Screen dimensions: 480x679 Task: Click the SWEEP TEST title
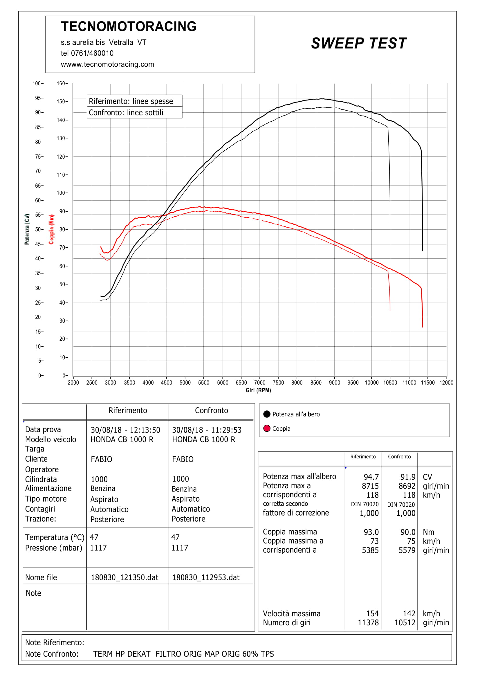tap(358, 43)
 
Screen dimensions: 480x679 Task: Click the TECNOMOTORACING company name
tap(129, 26)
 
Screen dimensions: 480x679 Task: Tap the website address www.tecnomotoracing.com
tap(107, 64)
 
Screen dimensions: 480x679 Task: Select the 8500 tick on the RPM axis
tap(316, 382)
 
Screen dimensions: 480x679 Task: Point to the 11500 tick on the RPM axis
tap(428, 382)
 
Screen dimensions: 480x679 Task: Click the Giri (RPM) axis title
tap(258, 390)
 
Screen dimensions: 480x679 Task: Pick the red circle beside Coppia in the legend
tap(267, 428)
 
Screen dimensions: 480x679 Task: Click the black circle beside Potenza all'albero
tap(267, 414)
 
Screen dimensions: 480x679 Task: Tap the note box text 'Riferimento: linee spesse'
tap(131, 101)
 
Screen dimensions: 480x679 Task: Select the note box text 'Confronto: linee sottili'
tap(126, 113)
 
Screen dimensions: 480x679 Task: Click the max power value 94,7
tap(371, 477)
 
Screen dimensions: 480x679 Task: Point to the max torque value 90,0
tap(408, 532)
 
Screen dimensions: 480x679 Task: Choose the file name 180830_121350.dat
tap(124, 578)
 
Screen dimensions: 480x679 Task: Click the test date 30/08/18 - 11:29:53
tap(207, 430)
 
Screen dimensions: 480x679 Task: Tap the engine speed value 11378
tap(368, 623)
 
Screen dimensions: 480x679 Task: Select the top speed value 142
tap(409, 614)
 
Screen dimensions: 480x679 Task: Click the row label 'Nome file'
tap(41, 578)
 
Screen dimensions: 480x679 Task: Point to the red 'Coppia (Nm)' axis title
tap(51, 229)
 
